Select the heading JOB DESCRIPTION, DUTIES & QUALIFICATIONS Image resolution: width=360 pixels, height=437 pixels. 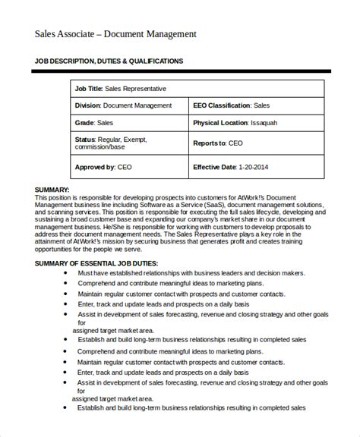pos(109,61)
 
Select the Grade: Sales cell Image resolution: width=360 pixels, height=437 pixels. pos(96,121)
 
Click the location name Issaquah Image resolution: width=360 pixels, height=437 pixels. pos(279,121)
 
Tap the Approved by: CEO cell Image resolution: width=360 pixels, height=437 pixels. pos(105,167)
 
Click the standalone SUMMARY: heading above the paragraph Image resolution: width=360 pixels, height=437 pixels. pos(52,190)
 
